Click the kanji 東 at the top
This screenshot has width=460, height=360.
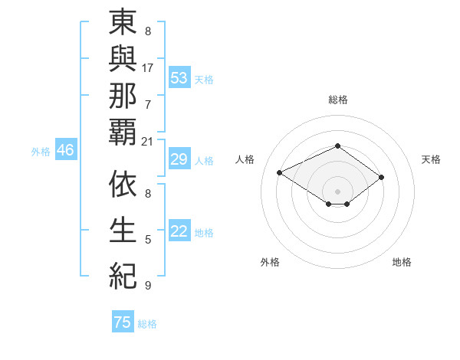pyautogui.click(x=123, y=23)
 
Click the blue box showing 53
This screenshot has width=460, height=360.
pyautogui.click(x=179, y=78)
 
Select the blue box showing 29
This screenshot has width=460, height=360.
pyautogui.click(x=179, y=160)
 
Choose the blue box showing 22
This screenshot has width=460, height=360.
pyautogui.click(x=179, y=232)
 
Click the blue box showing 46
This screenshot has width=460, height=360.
pyautogui.click(x=65, y=151)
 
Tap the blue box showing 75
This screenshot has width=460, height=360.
pyautogui.click(x=123, y=322)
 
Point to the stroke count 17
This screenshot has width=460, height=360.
pyautogui.click(x=148, y=67)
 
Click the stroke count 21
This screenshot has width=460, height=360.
pyautogui.click(x=148, y=141)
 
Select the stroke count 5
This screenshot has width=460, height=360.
pyautogui.click(x=148, y=240)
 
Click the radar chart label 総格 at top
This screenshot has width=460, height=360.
pyautogui.click(x=337, y=100)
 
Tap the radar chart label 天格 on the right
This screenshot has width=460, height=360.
pyautogui.click(x=431, y=159)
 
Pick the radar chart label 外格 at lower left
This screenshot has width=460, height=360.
pyautogui.click(x=270, y=262)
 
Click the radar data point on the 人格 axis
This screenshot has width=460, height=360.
pyautogui.click(x=280, y=173)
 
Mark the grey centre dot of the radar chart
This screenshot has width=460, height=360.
pyautogui.click(x=337, y=191)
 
